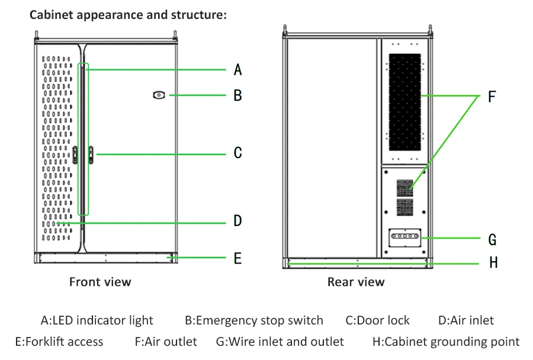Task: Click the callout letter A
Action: click(x=237, y=70)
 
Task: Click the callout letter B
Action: click(x=237, y=95)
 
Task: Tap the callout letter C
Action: click(x=237, y=153)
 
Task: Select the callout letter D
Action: click(x=237, y=221)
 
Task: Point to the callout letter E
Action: click(x=237, y=258)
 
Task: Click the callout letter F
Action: click(x=492, y=97)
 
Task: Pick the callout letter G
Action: click(x=492, y=240)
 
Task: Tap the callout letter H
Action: click(x=493, y=262)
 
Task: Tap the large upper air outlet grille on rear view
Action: click(x=404, y=102)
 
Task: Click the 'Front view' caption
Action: click(x=100, y=282)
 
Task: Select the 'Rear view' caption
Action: click(x=356, y=282)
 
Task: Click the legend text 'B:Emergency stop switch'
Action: click(x=254, y=321)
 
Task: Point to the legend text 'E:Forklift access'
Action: click(x=59, y=342)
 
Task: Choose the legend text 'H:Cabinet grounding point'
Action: click(x=446, y=342)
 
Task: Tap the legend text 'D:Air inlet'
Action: click(x=465, y=321)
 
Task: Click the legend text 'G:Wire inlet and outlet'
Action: click(x=280, y=342)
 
